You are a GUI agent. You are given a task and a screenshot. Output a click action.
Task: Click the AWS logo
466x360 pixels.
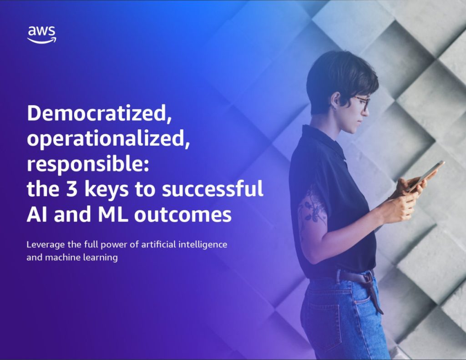pos(41,35)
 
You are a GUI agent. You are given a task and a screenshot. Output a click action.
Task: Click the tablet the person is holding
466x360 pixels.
pos(425,175)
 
